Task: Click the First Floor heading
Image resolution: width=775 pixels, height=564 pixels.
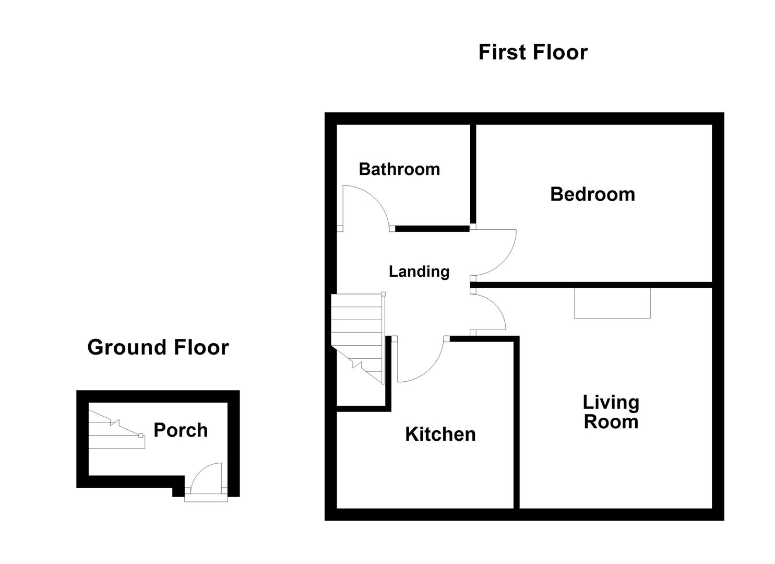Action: coord(533,52)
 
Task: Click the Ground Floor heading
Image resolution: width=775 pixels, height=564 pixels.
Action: coord(158,347)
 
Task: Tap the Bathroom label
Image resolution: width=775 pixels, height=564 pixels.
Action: coord(399,169)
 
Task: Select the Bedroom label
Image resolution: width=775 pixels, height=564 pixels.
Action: coord(592,194)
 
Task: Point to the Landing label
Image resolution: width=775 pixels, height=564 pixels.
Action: coord(419,272)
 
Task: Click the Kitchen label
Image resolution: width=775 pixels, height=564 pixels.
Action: coord(440,434)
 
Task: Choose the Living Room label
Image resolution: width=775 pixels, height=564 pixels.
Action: coord(611,412)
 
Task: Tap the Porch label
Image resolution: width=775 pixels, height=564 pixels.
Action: coord(181,430)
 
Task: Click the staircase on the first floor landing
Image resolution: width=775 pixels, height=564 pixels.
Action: coord(357,334)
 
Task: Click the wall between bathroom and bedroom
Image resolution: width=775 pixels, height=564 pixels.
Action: coord(473,175)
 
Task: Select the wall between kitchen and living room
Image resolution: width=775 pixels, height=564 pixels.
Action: coord(517,423)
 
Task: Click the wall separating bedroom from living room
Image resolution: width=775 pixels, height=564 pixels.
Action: coord(592,285)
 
